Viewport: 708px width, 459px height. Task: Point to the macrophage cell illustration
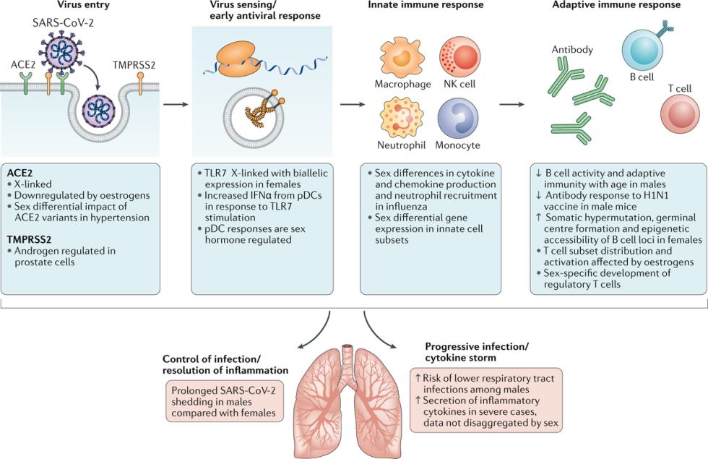click(x=397, y=59)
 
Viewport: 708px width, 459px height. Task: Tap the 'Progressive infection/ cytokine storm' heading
click(x=477, y=351)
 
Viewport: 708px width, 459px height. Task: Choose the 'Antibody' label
click(x=572, y=50)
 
